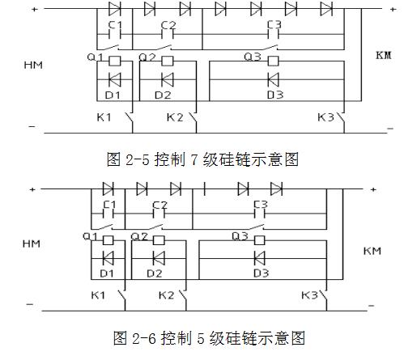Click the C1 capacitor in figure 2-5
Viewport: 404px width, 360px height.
[x=115, y=35]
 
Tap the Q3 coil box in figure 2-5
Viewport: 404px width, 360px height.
[x=273, y=61]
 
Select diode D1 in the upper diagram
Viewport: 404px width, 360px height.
[x=115, y=79]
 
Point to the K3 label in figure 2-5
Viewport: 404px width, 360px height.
[x=325, y=117]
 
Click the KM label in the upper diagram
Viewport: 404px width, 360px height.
[x=384, y=55]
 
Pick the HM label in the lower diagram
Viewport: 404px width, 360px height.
[x=32, y=244]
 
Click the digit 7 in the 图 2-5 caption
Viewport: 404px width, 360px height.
[x=194, y=159]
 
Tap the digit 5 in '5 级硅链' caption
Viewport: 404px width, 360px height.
[x=200, y=338]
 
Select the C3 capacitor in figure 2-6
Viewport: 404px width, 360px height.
[x=260, y=214]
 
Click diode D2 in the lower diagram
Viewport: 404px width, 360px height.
[x=159, y=258]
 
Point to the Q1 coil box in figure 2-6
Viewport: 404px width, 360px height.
[x=108, y=240]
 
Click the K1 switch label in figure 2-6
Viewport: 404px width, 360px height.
[x=98, y=295]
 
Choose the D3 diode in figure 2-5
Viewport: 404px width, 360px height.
[x=273, y=79]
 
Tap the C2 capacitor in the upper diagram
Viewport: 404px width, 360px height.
[x=168, y=35]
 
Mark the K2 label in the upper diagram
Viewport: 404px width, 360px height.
[x=175, y=117]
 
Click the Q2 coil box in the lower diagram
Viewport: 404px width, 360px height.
[x=159, y=240]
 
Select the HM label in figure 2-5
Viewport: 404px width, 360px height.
[x=33, y=65]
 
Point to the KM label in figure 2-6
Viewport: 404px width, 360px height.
[x=372, y=251]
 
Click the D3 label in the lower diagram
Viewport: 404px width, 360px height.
[x=261, y=273]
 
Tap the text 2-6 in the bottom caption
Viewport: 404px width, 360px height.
[x=144, y=338]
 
